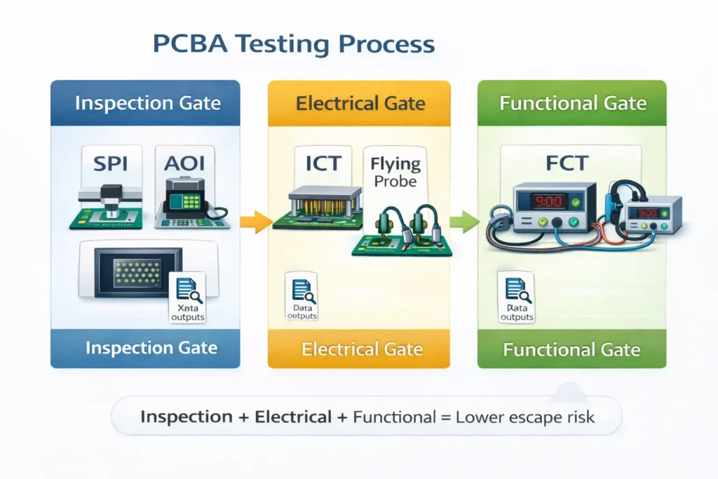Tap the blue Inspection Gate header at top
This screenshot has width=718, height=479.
click(x=147, y=103)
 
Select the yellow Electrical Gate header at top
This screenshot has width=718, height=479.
click(x=360, y=104)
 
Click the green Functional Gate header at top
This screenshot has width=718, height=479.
click(x=572, y=103)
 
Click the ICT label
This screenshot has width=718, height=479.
click(x=323, y=163)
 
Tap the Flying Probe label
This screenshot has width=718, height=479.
click(x=396, y=173)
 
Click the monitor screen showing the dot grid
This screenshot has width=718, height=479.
click(x=139, y=269)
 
